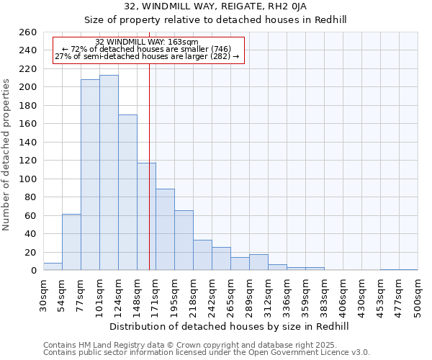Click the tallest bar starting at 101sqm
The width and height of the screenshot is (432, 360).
click(x=109, y=173)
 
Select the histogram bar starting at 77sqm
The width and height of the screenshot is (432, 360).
click(x=90, y=175)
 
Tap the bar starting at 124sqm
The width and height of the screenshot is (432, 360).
click(x=127, y=192)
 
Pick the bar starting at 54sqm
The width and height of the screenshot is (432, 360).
click(x=71, y=242)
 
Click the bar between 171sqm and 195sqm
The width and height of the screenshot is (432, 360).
click(x=165, y=230)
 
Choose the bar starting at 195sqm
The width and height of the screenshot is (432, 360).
click(x=184, y=240)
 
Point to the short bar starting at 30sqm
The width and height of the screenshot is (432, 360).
click(x=53, y=266)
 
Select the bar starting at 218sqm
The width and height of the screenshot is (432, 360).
click(x=202, y=255)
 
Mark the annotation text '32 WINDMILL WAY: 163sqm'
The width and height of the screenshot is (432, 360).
click(x=147, y=42)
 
